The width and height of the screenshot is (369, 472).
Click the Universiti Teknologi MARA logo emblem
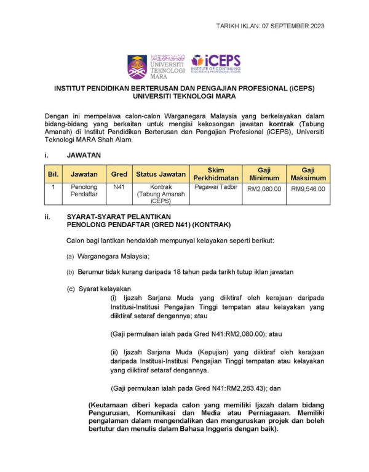point(138,66)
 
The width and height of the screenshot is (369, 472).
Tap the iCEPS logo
point(215,63)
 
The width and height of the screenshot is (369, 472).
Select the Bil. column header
point(54,174)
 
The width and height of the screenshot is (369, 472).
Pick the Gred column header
point(119,174)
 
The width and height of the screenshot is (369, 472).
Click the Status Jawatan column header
point(161,174)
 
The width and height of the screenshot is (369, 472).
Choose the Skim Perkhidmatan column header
point(215,174)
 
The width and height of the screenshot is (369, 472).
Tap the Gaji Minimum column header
point(264,174)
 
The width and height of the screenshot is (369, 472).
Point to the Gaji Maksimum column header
point(308,174)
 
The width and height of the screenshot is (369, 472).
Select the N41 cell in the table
point(119,186)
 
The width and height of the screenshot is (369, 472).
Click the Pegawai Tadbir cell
point(215,186)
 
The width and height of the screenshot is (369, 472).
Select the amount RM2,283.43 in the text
point(241,388)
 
